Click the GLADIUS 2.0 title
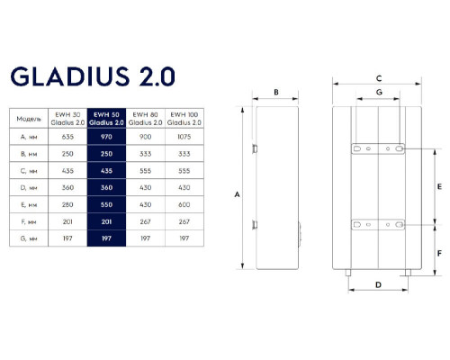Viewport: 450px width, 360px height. tap(93, 76)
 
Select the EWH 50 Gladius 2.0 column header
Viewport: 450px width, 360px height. tap(106, 119)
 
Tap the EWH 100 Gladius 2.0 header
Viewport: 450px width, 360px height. tap(184, 119)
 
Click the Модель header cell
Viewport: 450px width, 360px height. tap(29, 119)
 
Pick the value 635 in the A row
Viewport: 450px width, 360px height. tap(67, 137)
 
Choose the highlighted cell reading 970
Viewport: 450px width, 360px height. tap(106, 137)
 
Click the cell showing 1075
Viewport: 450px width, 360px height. tap(184, 137)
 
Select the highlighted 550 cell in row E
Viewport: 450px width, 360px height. tap(106, 204)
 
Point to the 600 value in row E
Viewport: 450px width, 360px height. tap(184, 204)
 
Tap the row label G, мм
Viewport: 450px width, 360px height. tap(29, 238)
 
